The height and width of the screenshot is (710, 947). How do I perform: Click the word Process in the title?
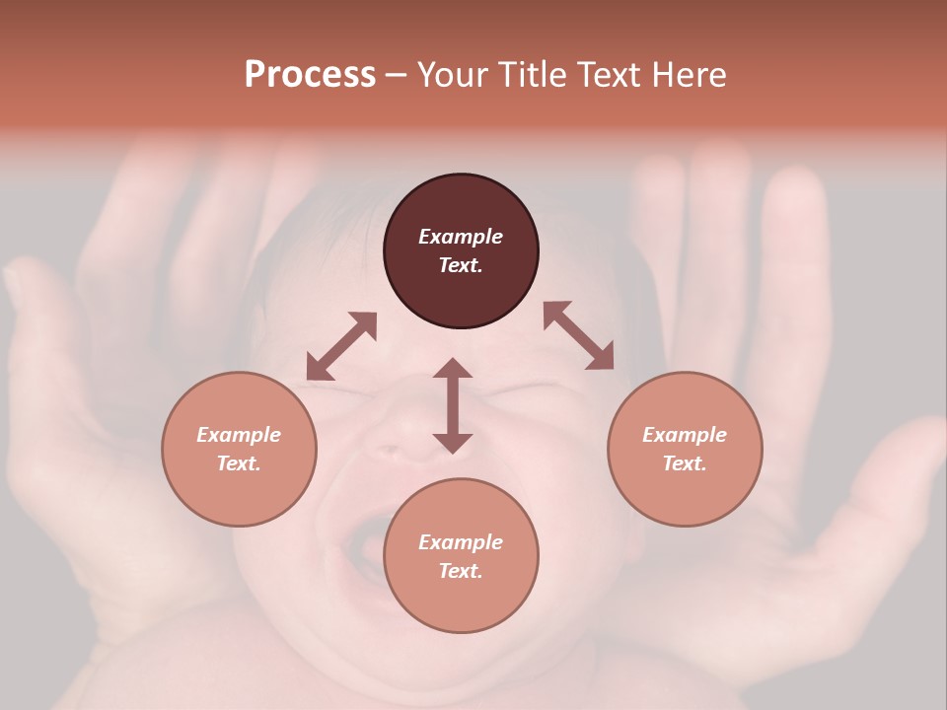[310, 75]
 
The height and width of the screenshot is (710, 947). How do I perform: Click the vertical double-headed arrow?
[453, 405]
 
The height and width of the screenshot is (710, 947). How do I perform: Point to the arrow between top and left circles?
[341, 346]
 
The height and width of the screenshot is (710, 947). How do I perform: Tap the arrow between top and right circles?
[578, 335]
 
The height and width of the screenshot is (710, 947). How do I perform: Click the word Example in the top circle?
[461, 237]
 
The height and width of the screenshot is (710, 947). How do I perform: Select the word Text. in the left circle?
[239, 463]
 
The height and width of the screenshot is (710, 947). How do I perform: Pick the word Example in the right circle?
[685, 435]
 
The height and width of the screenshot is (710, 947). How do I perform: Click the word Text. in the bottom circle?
[461, 571]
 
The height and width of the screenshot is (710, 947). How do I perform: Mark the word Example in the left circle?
[239, 435]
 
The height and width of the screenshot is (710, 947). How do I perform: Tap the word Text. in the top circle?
[461, 265]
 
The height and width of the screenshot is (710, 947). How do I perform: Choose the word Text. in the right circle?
[685, 463]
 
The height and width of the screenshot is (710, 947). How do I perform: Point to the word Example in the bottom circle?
[461, 542]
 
